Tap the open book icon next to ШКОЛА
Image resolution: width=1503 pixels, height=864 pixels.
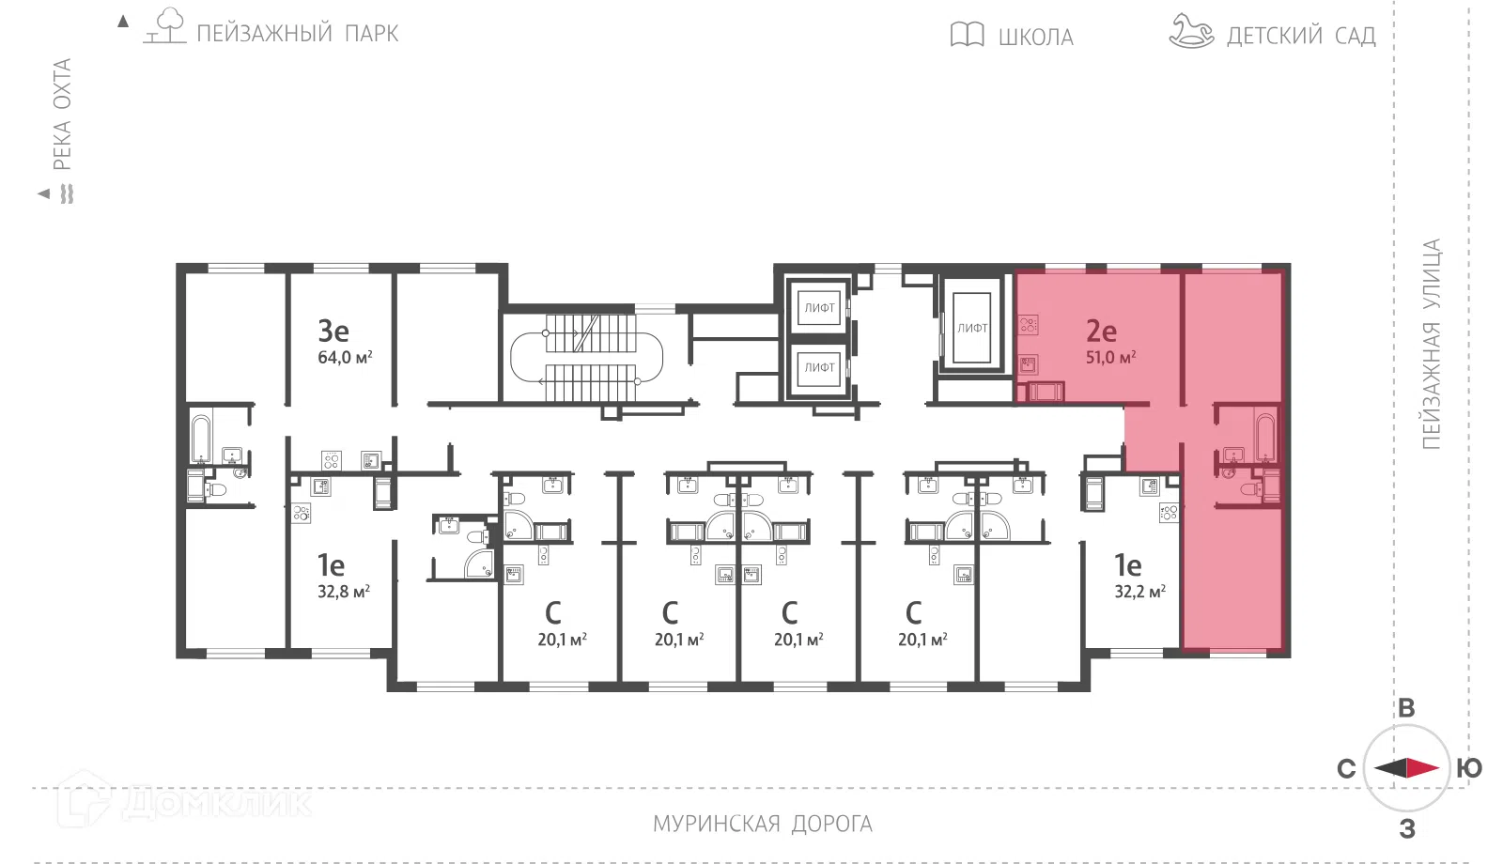[x=967, y=34]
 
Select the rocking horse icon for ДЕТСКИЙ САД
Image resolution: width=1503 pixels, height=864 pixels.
[x=1191, y=32]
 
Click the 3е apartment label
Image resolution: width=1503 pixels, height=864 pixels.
[x=333, y=331]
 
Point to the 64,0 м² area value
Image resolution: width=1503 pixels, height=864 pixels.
[x=345, y=357]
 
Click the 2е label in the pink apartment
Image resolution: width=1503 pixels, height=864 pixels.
[x=1101, y=331]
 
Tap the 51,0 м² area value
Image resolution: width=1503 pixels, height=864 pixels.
[x=1110, y=357]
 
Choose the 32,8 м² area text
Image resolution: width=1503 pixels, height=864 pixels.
[x=344, y=592]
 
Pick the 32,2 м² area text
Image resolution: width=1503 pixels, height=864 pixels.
[x=1140, y=592]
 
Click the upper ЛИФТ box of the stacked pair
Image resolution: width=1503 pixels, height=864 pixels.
[x=819, y=308]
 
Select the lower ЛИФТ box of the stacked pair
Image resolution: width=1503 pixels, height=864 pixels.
[x=819, y=367]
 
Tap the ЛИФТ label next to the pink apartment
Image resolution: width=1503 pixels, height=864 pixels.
[x=972, y=328]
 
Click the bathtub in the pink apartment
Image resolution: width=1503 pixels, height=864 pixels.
[x=1265, y=439]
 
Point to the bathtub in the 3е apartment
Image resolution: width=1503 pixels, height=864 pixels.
[x=201, y=439]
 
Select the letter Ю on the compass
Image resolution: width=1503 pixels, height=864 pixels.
[x=1469, y=768]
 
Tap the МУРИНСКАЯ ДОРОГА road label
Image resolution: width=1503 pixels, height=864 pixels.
[x=762, y=824]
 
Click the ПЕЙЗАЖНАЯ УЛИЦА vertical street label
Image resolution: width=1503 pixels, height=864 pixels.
[x=1432, y=344]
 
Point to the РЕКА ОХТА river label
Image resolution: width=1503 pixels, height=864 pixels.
[x=62, y=114]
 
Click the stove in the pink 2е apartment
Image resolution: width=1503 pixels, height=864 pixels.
[x=1028, y=326]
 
